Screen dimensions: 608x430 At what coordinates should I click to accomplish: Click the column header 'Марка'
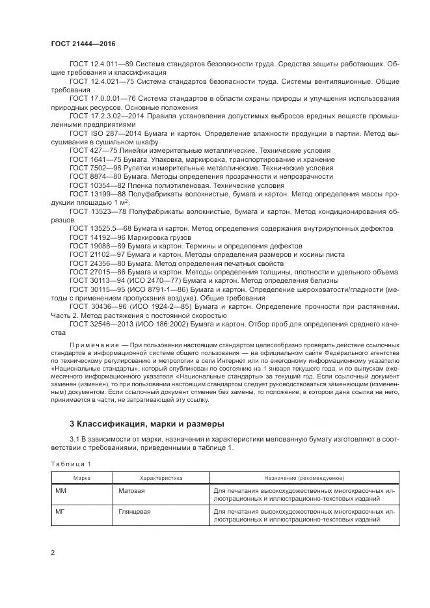click(x=81, y=478)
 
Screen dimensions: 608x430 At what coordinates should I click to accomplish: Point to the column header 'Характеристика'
click(x=161, y=478)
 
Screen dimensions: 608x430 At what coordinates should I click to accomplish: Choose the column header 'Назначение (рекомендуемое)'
click(x=304, y=478)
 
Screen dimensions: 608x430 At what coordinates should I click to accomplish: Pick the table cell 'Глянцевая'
click(x=134, y=512)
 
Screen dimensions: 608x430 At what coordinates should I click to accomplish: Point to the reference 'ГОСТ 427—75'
click(x=90, y=150)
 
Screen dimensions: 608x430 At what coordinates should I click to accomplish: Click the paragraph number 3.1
click(x=75, y=440)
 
